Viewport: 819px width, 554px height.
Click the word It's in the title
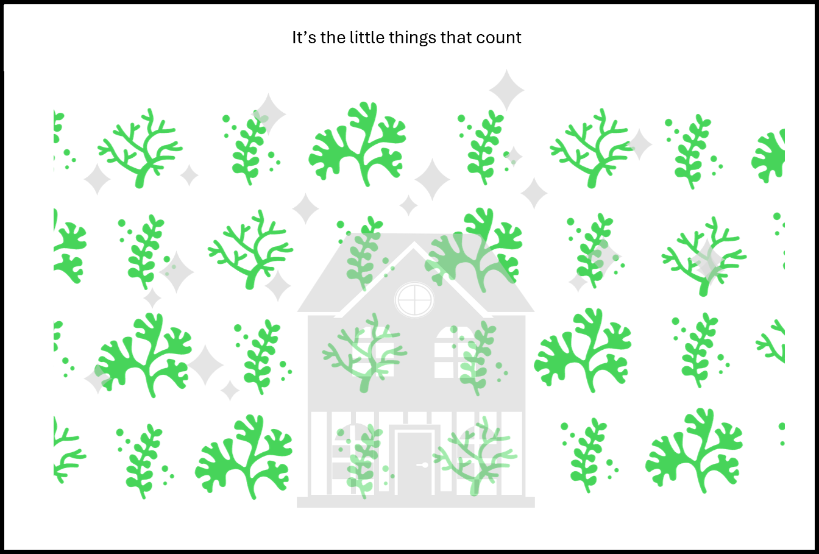304,38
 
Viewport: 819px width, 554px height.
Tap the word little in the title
367,37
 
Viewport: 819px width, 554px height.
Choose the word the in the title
333,37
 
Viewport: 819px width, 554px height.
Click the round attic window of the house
414,300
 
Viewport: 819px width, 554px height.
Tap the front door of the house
414,463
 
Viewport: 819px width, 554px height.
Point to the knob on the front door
424,465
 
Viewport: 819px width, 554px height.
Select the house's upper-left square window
373,352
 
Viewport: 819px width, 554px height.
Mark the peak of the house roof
414,242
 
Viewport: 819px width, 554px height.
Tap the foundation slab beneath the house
416,502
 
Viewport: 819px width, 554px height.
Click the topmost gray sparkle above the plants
507,90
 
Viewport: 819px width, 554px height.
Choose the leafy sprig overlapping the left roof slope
362,252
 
